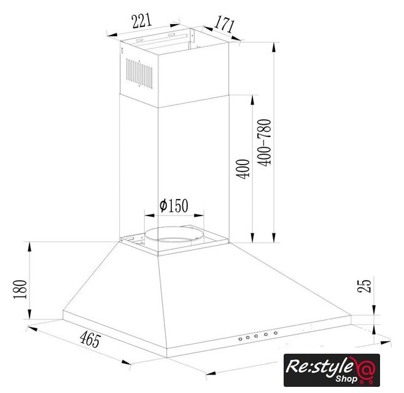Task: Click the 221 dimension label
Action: coord(141,21)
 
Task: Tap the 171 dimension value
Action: coord(225,24)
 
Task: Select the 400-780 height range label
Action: coord(265,142)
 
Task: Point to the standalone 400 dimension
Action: coord(243,169)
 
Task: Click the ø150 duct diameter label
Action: coord(174,205)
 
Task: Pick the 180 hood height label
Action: coord(20,289)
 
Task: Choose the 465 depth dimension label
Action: coord(90,340)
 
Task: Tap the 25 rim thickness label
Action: coord(364,286)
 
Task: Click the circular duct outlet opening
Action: coord(174,235)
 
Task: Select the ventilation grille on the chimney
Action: coord(139,74)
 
